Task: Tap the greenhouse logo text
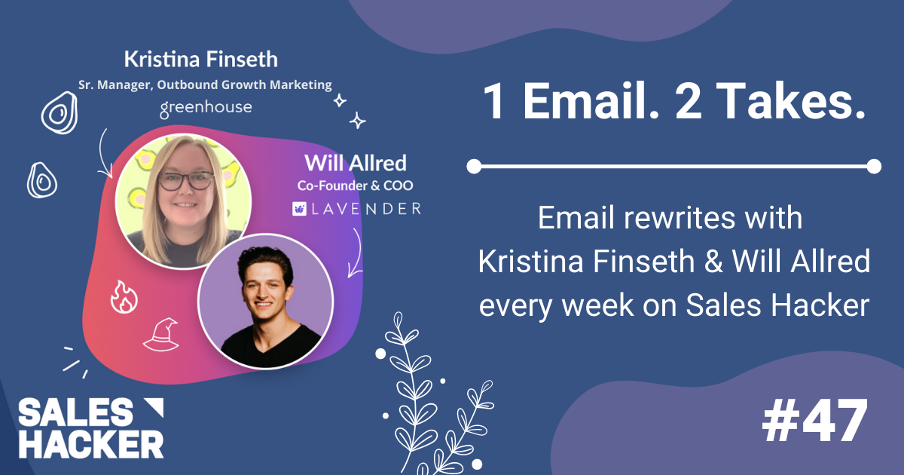coord(206,109)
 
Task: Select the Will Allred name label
coord(355,162)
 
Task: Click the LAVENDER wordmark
coord(364,208)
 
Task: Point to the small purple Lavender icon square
coord(299,208)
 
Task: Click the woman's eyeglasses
coord(186,180)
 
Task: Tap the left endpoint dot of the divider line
coord(473,166)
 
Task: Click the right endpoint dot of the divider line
coord(873,166)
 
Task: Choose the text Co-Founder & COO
coord(355,185)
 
